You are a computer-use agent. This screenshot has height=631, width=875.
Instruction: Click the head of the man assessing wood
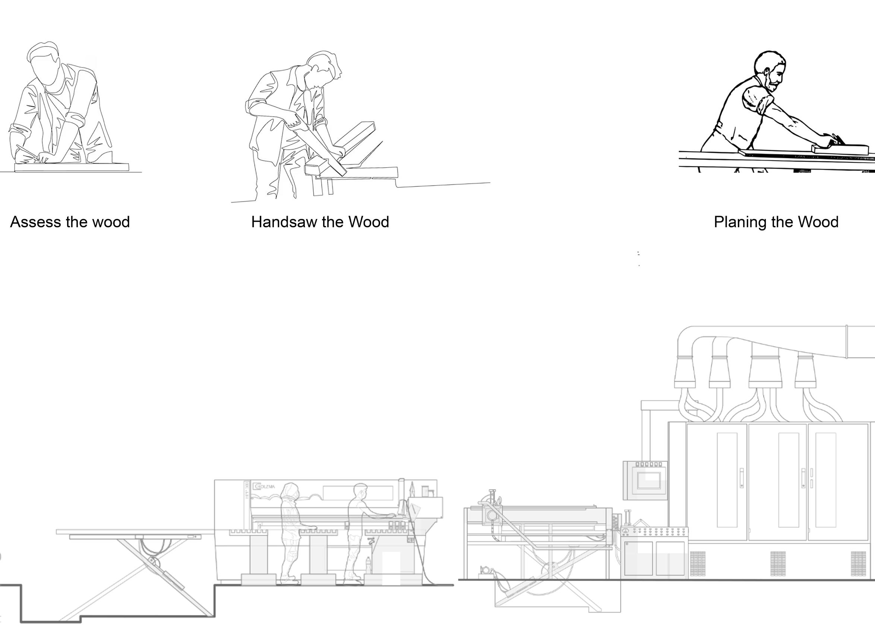coord(45,66)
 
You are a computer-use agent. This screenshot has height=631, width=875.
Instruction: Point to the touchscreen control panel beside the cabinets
coord(645,480)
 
